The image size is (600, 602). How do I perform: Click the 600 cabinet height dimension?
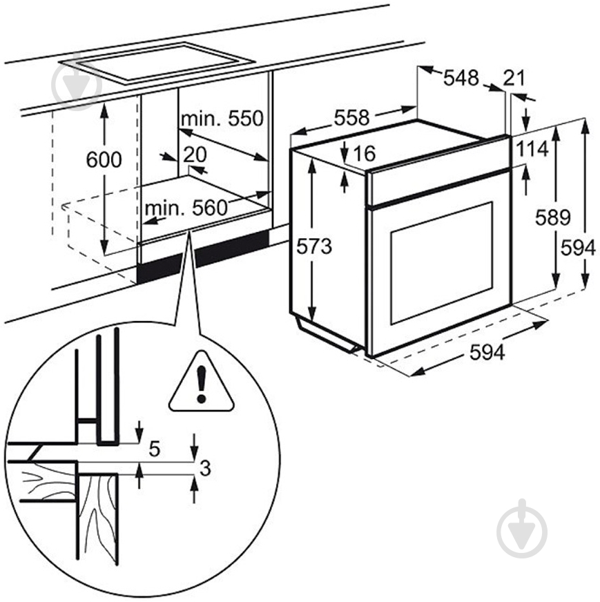click(104, 160)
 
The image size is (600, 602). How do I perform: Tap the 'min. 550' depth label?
click(222, 119)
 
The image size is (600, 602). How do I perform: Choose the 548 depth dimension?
click(461, 78)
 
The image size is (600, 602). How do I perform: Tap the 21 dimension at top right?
click(514, 78)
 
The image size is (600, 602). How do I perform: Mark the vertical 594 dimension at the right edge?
click(578, 246)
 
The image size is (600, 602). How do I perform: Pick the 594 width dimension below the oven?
click(487, 352)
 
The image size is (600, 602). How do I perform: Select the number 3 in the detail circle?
click(204, 468)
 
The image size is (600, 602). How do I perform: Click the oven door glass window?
click(442, 262)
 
